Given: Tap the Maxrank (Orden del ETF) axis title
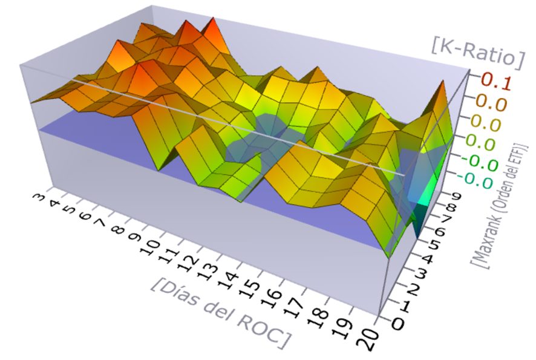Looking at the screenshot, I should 503,205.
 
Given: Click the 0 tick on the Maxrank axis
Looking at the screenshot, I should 399,323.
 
